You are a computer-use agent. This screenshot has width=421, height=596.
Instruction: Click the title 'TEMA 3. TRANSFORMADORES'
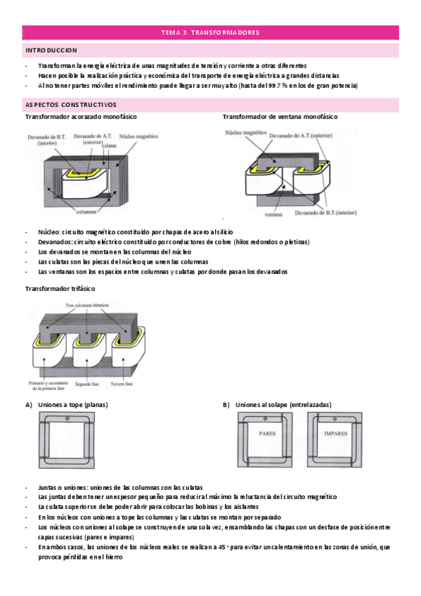pos(210,32)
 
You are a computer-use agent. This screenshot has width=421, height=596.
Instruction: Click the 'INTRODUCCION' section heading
pos(51,51)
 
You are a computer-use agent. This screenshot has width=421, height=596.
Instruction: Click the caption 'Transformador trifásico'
pos(60,289)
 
